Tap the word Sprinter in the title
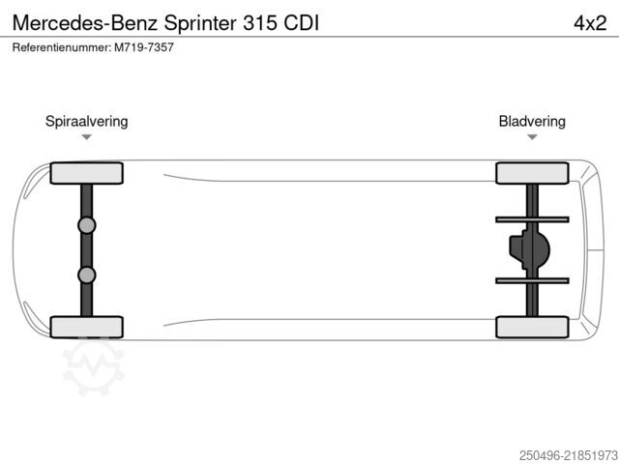(200, 23)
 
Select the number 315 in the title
(260, 23)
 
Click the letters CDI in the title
(301, 23)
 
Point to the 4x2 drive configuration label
(590, 23)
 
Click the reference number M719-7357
(144, 47)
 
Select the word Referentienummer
(62, 47)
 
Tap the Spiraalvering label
(86, 122)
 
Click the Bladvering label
(532, 121)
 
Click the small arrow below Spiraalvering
(86, 137)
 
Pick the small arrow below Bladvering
(532, 137)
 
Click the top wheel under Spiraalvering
(86, 173)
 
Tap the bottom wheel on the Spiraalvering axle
(86, 327)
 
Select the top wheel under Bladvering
(532, 173)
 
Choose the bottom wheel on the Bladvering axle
(532, 327)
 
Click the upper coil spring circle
(87, 225)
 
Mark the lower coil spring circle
(87, 275)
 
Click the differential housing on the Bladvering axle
(529, 249)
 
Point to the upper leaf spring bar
(532, 219)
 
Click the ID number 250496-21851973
(569, 455)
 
